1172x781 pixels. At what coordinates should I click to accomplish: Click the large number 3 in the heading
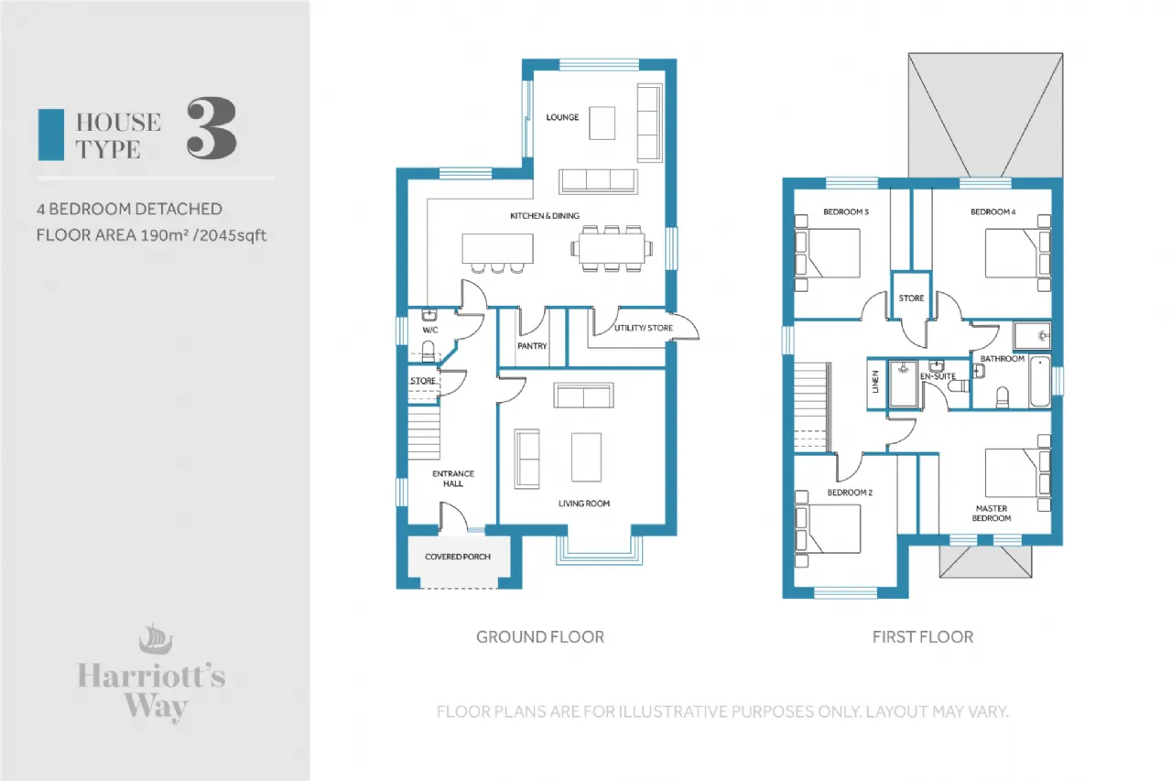[212, 128]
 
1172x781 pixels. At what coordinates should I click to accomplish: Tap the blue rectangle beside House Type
[51, 135]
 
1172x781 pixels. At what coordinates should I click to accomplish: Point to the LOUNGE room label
[562, 117]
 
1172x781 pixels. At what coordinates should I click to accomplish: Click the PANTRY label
[532, 346]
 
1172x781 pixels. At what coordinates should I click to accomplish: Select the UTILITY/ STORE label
[644, 328]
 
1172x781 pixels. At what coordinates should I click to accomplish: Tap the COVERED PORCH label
[458, 557]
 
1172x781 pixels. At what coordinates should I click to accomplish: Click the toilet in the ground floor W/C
[428, 351]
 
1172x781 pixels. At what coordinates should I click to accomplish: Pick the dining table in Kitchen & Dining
[612, 248]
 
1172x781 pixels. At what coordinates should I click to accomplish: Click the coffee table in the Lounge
[602, 124]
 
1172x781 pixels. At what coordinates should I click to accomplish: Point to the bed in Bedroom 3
[827, 253]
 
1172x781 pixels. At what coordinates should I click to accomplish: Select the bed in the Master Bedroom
[1017, 472]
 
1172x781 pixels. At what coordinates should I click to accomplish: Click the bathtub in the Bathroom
[1040, 382]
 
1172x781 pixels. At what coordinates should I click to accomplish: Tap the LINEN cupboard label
[876, 382]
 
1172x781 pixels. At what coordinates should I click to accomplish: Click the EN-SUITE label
[938, 376]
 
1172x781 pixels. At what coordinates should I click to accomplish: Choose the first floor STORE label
[911, 298]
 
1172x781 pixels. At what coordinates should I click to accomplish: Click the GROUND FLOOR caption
[540, 636]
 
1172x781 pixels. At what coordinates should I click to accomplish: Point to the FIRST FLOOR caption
[923, 636]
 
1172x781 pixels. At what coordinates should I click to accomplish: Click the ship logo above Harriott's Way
[156, 639]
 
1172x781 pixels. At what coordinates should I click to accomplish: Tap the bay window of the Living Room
[599, 550]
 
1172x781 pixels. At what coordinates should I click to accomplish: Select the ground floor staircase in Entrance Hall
[424, 432]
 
